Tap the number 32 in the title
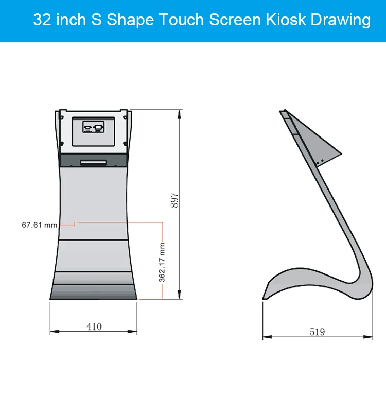(x=42, y=20)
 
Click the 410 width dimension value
(x=94, y=327)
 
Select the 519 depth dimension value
(x=317, y=332)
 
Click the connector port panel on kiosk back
(x=93, y=127)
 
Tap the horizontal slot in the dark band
(x=93, y=162)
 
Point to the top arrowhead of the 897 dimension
(x=180, y=112)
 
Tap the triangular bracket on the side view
(x=314, y=139)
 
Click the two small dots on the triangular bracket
(x=319, y=161)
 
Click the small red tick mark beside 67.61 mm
(x=76, y=224)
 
